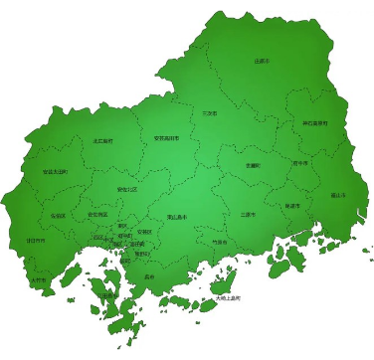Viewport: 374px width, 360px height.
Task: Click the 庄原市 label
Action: tap(262, 61)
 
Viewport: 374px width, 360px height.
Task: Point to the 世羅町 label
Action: tap(253, 165)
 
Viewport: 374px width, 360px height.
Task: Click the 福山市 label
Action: tap(337, 195)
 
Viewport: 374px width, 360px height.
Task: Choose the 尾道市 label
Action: tap(291, 205)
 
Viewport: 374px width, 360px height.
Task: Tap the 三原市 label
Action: tap(248, 214)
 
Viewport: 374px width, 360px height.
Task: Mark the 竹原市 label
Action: tap(219, 242)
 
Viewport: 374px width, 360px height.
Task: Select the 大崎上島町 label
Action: tap(226, 297)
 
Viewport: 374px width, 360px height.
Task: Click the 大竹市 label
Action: tap(38, 280)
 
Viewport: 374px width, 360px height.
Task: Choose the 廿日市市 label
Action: tap(35, 241)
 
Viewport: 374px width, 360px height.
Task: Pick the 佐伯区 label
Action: tap(58, 215)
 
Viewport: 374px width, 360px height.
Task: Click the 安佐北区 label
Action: tap(127, 188)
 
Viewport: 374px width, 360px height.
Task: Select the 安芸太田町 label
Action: tap(55, 171)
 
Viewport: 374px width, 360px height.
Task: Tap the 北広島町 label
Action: tap(102, 141)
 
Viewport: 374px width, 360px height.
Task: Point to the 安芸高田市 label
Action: tap(166, 139)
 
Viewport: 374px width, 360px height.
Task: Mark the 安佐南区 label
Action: tap(97, 214)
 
